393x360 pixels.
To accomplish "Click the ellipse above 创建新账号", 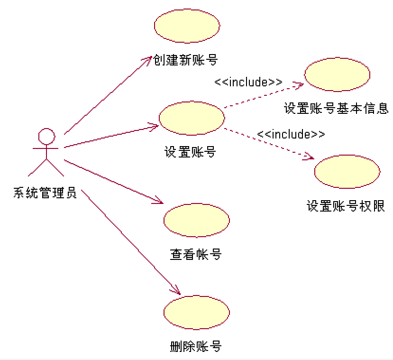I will (x=187, y=27).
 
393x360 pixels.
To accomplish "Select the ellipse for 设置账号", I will (x=192, y=118).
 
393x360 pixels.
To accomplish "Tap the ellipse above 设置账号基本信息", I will (x=337, y=74).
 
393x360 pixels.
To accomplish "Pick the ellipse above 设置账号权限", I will (x=347, y=171).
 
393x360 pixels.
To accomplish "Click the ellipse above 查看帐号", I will (x=196, y=220).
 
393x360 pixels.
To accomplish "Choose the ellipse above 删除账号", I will (x=196, y=312).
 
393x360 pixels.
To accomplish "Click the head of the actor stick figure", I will (x=46, y=136).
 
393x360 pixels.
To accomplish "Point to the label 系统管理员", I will (x=45, y=194).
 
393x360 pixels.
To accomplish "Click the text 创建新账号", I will (x=185, y=60).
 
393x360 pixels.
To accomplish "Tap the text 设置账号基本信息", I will (x=336, y=108).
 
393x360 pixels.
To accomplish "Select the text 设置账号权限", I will (x=345, y=206).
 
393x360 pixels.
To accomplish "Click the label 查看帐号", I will (x=196, y=254).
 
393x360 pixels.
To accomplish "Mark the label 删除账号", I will (x=196, y=346).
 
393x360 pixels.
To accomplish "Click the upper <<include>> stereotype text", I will (x=248, y=82).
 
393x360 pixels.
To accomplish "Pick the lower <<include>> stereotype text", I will (x=291, y=134).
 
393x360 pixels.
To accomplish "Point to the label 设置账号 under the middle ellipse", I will (x=190, y=152).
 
